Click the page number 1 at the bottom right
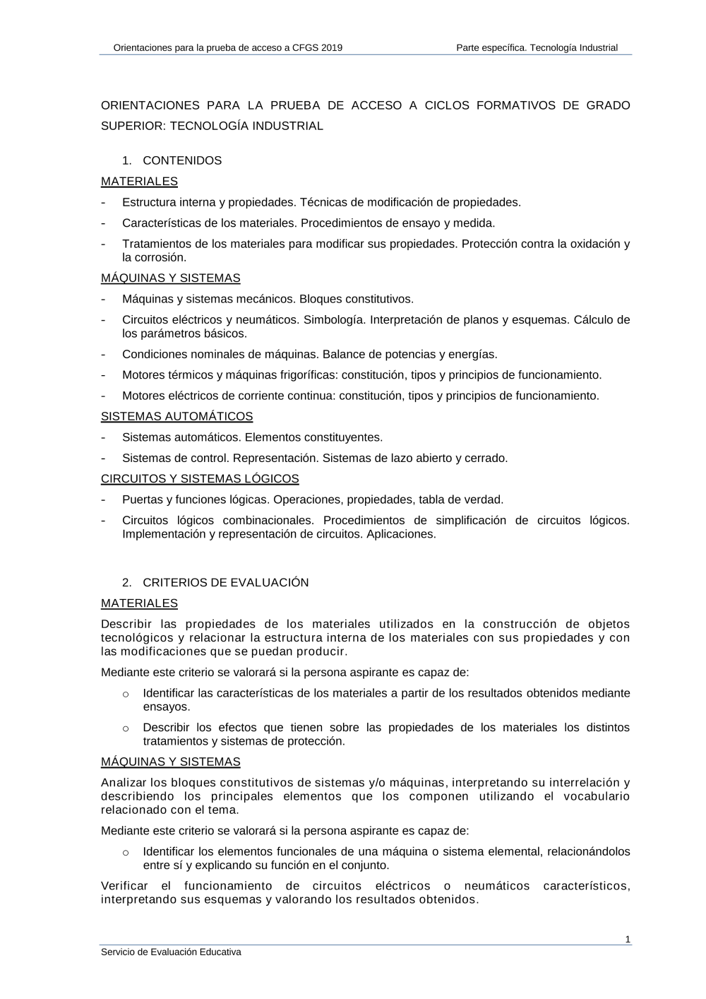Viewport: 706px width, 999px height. (x=628, y=939)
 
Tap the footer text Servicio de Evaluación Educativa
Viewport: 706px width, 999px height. (x=171, y=952)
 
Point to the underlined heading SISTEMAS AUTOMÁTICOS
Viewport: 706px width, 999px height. (x=176, y=416)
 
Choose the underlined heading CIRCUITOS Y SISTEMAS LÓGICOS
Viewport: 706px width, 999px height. (x=200, y=478)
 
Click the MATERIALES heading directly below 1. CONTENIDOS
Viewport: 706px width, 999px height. (x=139, y=181)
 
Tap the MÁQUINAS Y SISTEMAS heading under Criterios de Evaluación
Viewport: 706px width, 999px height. (x=170, y=762)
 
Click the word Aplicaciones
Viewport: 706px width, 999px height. (x=401, y=534)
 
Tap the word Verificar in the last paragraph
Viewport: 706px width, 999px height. (x=124, y=886)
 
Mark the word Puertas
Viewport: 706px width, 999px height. (x=142, y=499)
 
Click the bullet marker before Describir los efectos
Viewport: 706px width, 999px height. (x=126, y=728)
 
